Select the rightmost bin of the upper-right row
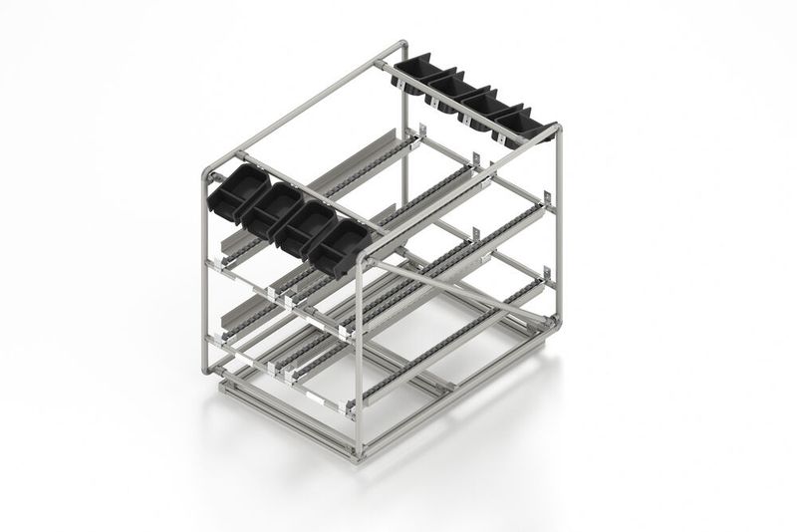pyautogui.click(x=519, y=124)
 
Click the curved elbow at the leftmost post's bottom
pyautogui.click(x=206, y=366)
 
